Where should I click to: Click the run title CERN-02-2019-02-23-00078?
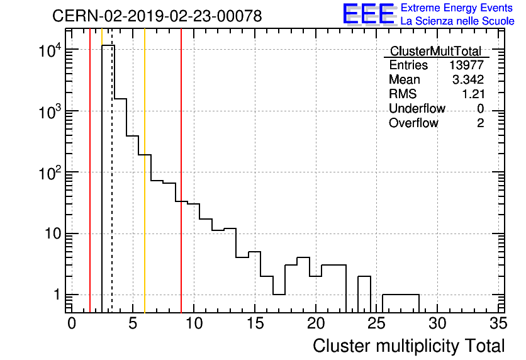tap(157, 16)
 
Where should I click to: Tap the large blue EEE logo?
tap(369, 14)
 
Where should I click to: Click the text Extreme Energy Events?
tap(456, 8)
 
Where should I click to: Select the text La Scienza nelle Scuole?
tap(457, 21)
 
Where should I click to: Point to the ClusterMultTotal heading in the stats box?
tap(435, 52)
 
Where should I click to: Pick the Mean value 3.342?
tap(468, 80)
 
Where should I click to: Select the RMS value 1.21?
tap(473, 94)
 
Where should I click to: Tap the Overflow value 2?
tap(480, 123)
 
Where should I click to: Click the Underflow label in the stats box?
tap(417, 109)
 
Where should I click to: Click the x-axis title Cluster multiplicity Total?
tap(408, 346)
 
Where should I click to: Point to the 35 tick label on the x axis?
tap(498, 323)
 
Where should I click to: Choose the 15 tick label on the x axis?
tap(254, 323)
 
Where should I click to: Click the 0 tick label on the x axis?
tap(72, 323)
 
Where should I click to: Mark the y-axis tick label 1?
tap(55, 295)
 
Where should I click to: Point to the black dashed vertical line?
tap(112, 189)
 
